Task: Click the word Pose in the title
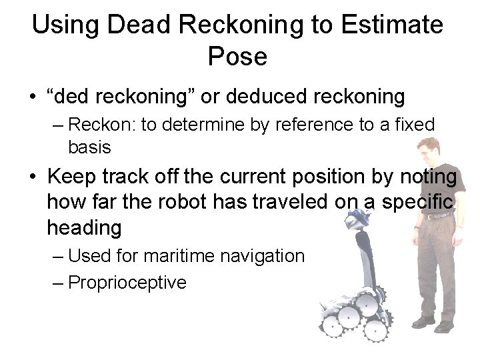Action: coord(237,57)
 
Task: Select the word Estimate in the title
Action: coord(392,25)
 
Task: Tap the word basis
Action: coord(89,146)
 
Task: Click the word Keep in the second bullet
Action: coord(73,178)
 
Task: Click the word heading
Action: coord(84,228)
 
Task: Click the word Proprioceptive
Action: coord(127,283)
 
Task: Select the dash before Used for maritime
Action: coord(57,257)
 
